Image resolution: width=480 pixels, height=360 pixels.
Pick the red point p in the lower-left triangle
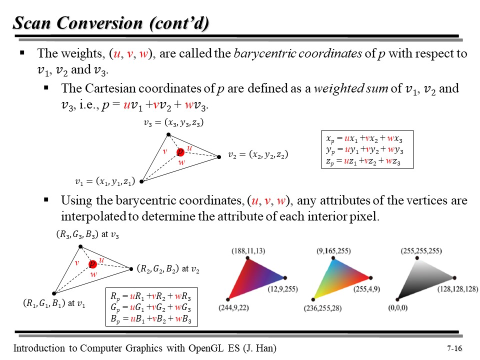coord(92,264)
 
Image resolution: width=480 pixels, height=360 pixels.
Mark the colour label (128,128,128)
coord(458,288)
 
